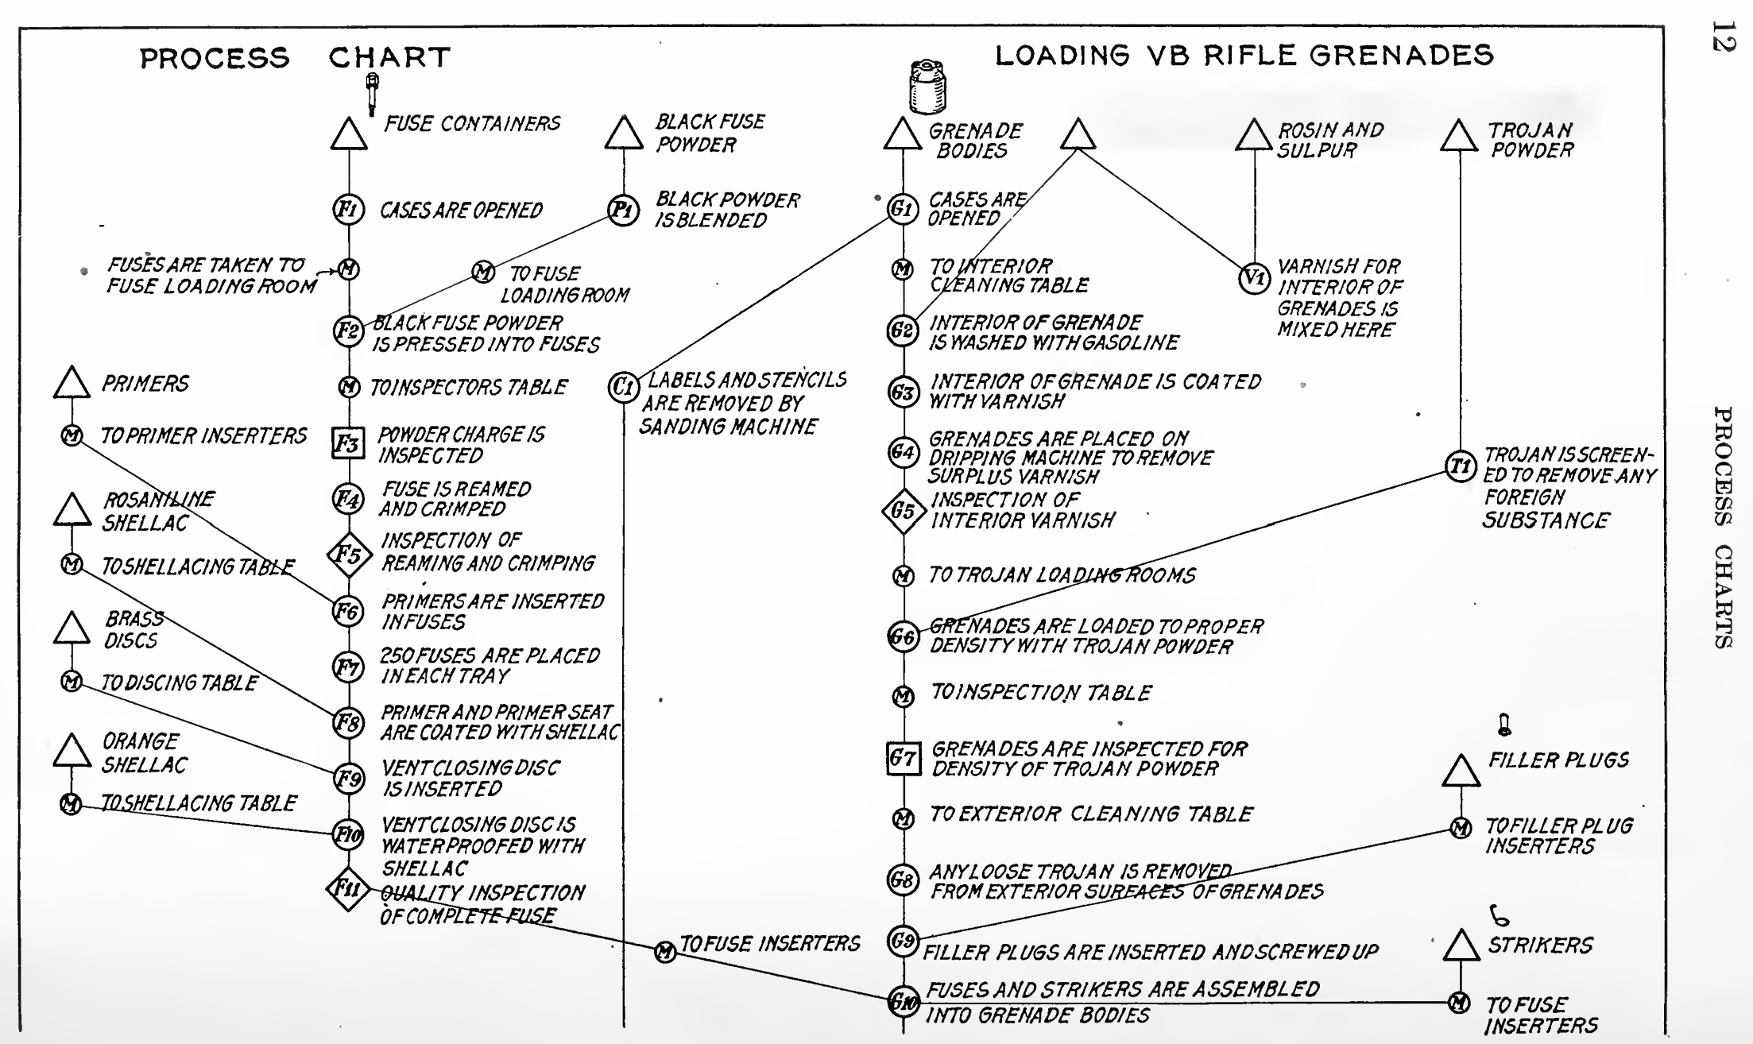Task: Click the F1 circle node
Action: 348,211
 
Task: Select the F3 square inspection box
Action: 347,443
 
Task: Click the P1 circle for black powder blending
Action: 623,211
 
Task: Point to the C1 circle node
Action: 623,387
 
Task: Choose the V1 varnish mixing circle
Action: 1254,278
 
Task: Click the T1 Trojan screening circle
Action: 1460,466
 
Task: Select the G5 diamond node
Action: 904,511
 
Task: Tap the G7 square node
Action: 904,758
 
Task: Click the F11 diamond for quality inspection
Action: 348,888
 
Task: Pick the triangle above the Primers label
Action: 72,383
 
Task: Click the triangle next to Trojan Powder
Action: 1459,136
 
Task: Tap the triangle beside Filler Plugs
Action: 1460,771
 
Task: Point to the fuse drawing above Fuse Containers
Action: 372,93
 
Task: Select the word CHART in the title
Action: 389,57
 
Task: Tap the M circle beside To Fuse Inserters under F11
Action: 665,951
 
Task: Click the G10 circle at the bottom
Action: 903,1002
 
